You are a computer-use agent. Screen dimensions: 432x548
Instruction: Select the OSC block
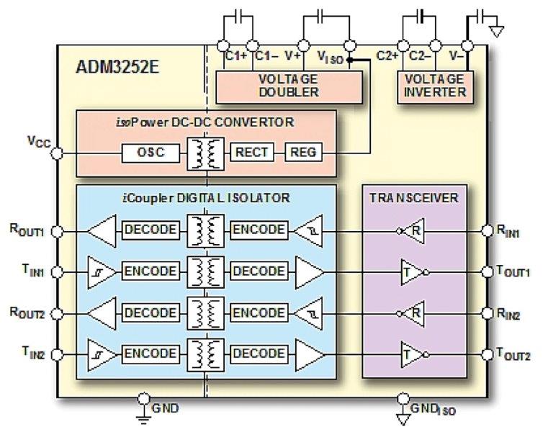click(x=150, y=153)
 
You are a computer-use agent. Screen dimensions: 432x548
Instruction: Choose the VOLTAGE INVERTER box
click(x=434, y=86)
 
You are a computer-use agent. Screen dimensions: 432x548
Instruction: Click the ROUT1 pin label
click(x=28, y=231)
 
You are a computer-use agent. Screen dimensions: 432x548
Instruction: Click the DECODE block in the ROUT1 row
click(x=151, y=231)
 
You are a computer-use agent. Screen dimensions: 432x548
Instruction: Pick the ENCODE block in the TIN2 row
click(x=151, y=354)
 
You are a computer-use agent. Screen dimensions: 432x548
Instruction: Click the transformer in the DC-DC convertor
click(x=205, y=153)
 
